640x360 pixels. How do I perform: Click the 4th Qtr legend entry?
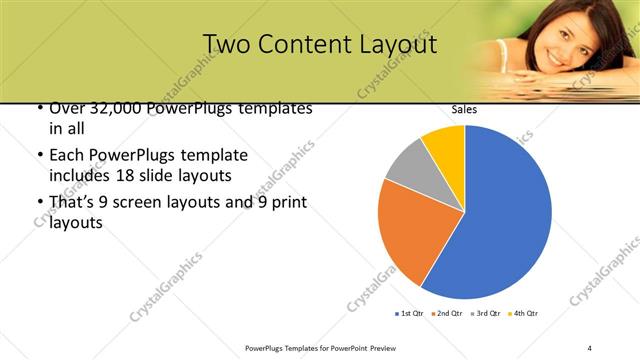pyautogui.click(x=525, y=314)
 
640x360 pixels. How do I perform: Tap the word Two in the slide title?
pyautogui.click(x=228, y=44)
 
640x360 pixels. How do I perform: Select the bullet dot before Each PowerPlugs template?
pyautogui.click(x=39, y=156)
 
